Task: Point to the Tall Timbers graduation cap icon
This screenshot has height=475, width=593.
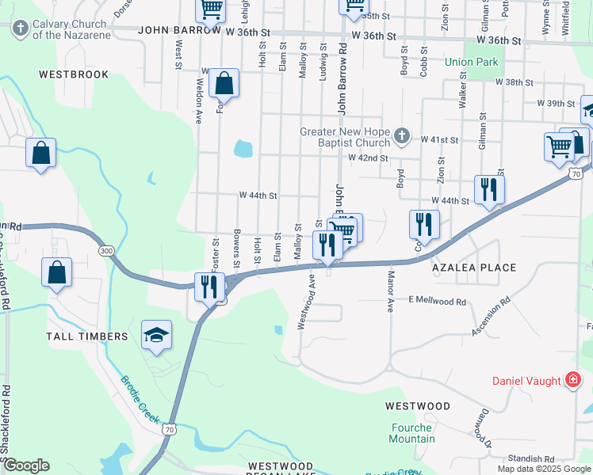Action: (x=157, y=335)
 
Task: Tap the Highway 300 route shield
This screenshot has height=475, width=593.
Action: (x=105, y=251)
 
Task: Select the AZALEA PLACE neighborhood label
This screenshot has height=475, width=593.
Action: (x=473, y=268)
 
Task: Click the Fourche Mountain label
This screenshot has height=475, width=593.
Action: (x=412, y=433)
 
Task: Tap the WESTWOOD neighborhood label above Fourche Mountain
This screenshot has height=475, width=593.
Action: (x=417, y=406)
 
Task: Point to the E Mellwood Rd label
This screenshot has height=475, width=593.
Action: (x=437, y=301)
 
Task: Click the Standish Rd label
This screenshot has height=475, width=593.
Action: (x=532, y=458)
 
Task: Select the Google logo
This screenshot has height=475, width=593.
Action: (x=25, y=465)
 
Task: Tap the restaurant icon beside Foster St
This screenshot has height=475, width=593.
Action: (x=209, y=287)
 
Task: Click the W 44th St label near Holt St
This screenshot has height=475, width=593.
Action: (x=258, y=195)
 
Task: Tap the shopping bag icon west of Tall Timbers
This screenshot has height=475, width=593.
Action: (x=57, y=274)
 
